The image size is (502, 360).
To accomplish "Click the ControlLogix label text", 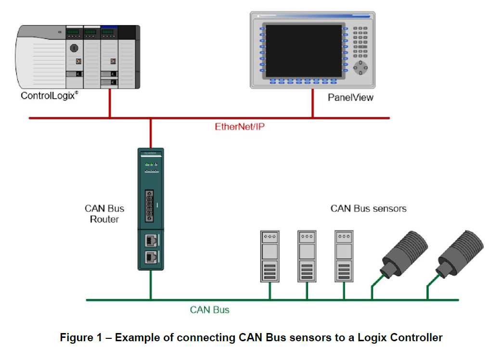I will point(49,96).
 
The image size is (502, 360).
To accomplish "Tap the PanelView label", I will point(350,98).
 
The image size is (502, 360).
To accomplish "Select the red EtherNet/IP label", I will point(240,127).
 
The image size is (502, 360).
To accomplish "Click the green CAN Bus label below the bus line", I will point(210,310).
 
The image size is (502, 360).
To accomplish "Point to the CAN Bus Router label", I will point(104,214).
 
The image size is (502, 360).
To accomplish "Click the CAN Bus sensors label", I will point(368,208).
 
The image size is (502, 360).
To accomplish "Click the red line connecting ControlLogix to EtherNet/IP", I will point(110,103).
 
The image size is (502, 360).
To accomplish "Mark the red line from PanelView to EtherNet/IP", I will point(312,103).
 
